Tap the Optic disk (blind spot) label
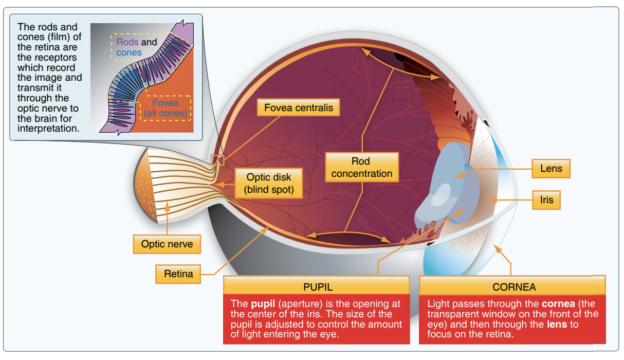tap(269, 184)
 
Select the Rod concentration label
tap(361, 168)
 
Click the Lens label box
tap(551, 168)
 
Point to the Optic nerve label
tap(167, 244)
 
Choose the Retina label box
tap(178, 274)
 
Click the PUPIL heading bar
tap(317, 286)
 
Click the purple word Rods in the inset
tap(127, 42)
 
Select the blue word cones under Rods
tap(129, 52)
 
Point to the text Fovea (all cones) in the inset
tap(166, 107)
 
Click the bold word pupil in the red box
tap(261, 303)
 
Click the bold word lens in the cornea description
tap(557, 324)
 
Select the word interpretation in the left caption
tap(48, 128)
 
